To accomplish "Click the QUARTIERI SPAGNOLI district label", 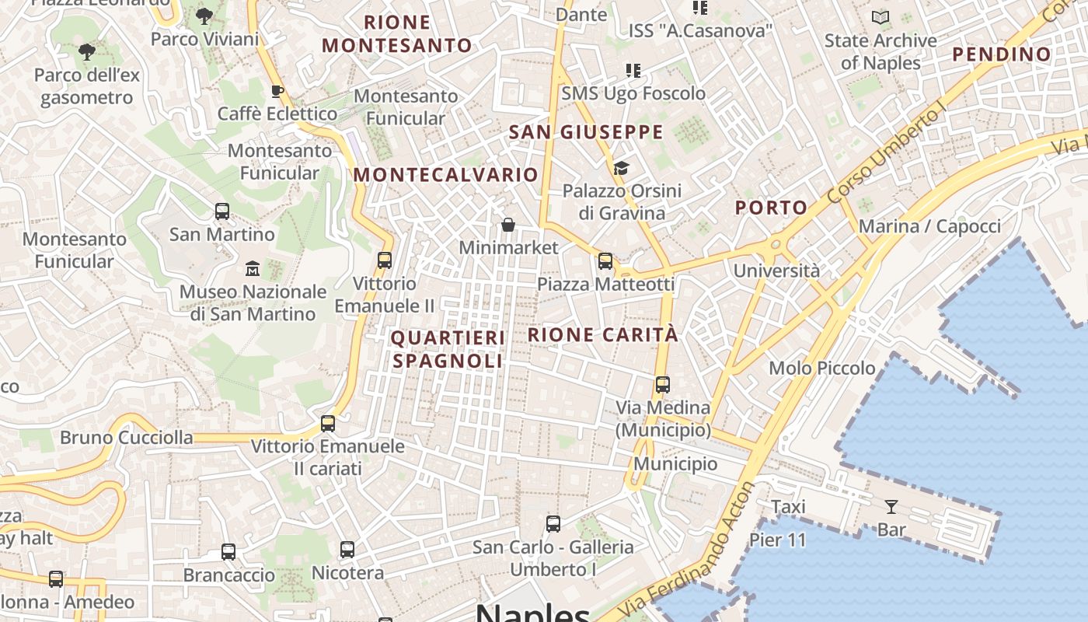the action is [x=448, y=349].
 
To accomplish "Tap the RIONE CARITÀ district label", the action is [x=603, y=335].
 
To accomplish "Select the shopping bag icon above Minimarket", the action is [x=508, y=225].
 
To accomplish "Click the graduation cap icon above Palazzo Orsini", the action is [x=621, y=168].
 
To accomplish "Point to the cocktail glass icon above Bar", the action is [x=891, y=507].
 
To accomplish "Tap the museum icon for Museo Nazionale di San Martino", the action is [x=253, y=269].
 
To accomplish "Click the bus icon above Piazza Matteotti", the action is [x=605, y=261].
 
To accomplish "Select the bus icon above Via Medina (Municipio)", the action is [x=662, y=384].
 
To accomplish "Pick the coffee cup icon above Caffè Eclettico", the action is [x=277, y=92].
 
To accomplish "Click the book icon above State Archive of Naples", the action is [x=881, y=17].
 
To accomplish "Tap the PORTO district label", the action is [x=772, y=208].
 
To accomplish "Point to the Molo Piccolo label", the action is [x=822, y=368].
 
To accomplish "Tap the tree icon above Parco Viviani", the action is [x=204, y=16].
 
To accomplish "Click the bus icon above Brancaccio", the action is [x=228, y=552].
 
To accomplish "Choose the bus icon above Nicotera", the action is [x=347, y=550].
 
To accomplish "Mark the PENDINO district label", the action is [x=1002, y=54].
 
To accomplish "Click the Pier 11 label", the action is [x=778, y=540].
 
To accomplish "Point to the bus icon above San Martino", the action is [x=222, y=211].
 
